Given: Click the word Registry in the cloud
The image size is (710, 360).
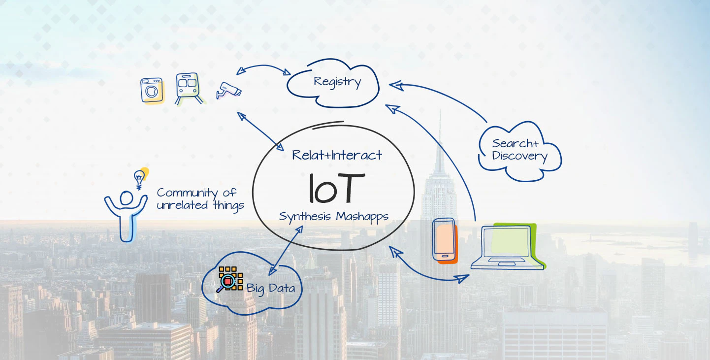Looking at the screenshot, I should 337,82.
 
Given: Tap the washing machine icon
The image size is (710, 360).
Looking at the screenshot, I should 152,91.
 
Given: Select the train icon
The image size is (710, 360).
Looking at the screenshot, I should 188,88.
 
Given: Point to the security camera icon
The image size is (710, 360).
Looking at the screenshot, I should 228,90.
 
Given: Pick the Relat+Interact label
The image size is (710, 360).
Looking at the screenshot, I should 337,155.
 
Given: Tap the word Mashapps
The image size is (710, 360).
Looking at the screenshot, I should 362,216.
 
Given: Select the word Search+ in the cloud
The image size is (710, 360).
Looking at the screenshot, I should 515,144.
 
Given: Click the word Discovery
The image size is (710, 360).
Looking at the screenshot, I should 519,157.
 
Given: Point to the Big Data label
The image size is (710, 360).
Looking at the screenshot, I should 271,288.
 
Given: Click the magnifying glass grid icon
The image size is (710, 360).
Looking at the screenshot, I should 229,279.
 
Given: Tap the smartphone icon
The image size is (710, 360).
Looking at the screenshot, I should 444,239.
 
